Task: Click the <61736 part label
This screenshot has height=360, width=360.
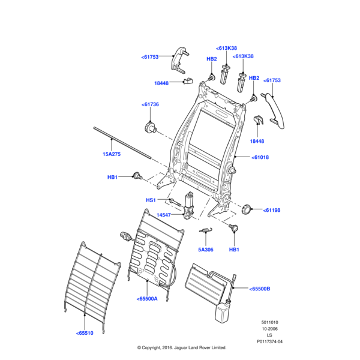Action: tap(151, 104)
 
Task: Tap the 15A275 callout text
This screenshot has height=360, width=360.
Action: tap(111, 154)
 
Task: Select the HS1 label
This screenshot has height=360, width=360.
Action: tap(151, 200)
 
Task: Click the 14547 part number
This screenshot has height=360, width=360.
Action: tap(164, 215)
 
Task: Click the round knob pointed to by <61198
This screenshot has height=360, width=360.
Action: tap(246, 209)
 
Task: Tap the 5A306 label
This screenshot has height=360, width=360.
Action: tap(205, 249)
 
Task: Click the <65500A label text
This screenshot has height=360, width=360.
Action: tap(147, 298)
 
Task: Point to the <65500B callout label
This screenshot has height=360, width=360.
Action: tap(260, 289)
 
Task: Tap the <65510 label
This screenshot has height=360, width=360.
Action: tap(85, 333)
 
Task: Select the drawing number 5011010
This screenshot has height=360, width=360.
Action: tap(269, 322)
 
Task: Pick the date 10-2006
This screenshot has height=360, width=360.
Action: tap(269, 329)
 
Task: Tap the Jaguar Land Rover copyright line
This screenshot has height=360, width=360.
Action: tap(182, 347)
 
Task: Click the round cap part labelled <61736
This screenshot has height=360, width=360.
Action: tap(149, 127)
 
